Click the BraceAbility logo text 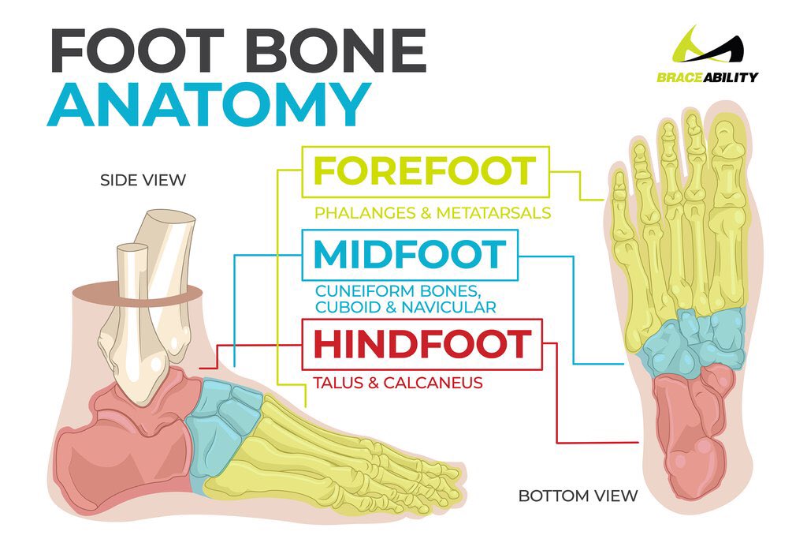coord(708,77)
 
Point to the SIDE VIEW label coord(143,181)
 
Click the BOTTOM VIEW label coord(578,496)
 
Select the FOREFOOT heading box coord(425,171)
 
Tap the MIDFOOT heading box coord(410,254)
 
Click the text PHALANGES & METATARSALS coord(432,213)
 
